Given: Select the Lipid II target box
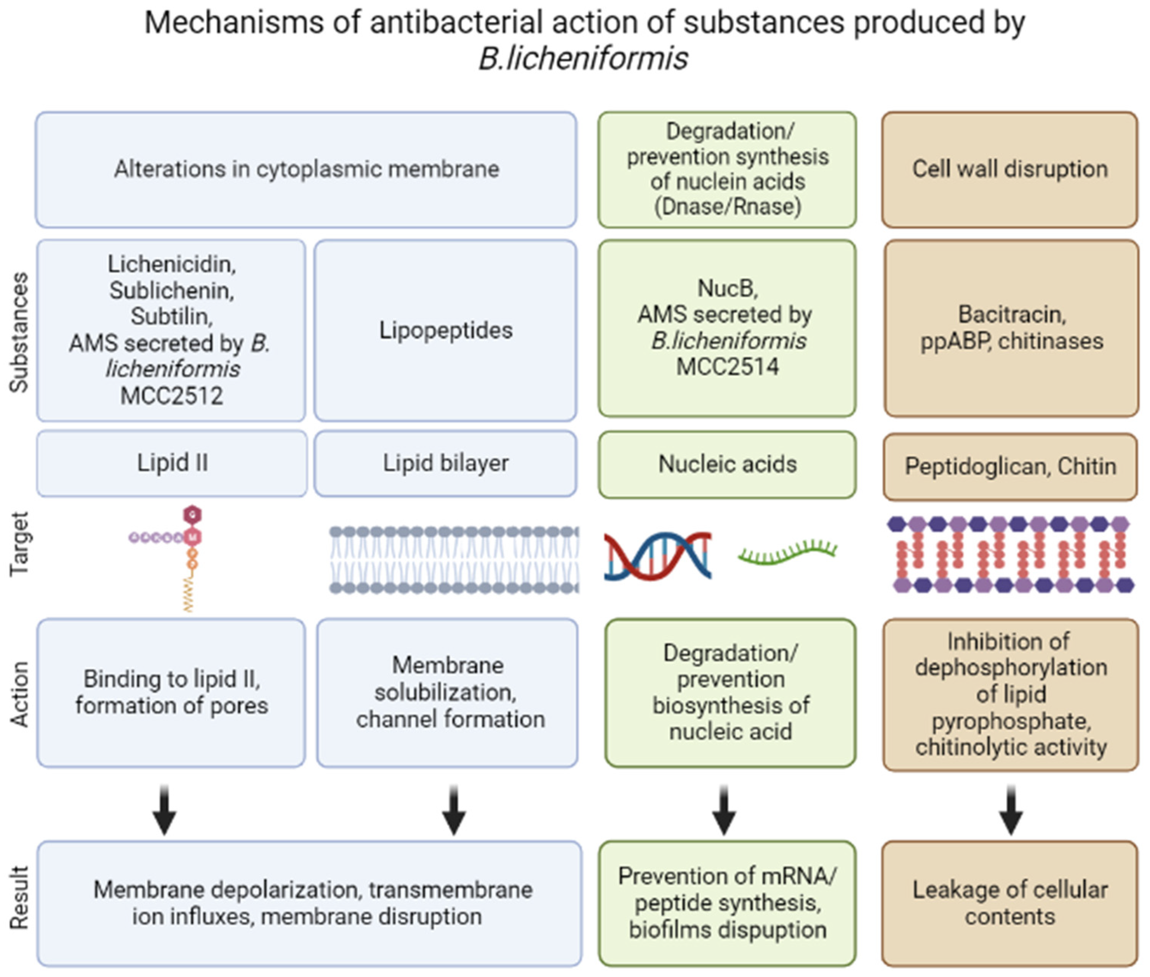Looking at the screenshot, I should (x=172, y=463).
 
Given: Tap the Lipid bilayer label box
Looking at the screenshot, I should (x=445, y=463).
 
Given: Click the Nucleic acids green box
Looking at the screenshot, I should (x=727, y=464).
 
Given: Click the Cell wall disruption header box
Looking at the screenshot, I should (x=1010, y=169).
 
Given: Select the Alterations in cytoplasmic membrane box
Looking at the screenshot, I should (x=306, y=169).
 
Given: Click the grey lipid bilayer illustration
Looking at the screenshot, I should (x=454, y=559).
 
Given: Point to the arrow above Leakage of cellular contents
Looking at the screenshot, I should (x=1011, y=810).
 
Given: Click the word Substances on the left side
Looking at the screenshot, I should (x=19, y=332).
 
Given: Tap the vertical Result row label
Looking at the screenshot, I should (x=19, y=897).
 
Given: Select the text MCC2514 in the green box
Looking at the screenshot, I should (x=727, y=367).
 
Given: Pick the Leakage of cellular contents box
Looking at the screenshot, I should (x=1010, y=903).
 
